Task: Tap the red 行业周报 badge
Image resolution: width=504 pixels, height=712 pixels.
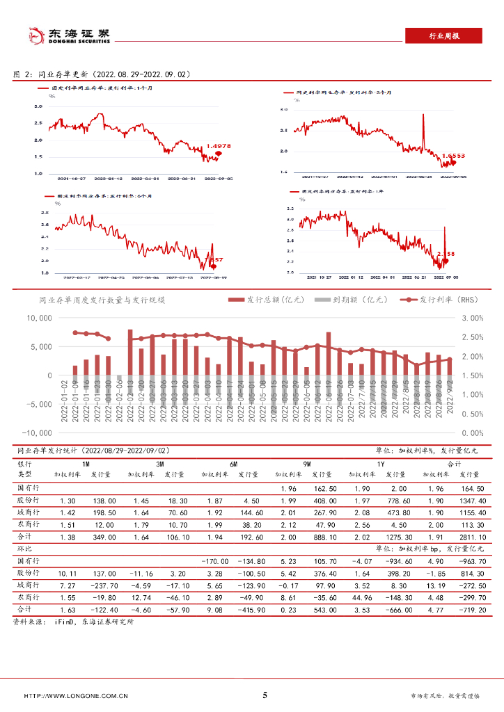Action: point(443,37)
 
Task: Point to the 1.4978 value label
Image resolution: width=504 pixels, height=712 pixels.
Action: point(219,146)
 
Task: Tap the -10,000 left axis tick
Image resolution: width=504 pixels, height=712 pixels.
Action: point(36,432)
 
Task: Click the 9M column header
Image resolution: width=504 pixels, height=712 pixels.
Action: point(307,463)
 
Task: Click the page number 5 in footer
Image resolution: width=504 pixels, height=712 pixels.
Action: point(265,695)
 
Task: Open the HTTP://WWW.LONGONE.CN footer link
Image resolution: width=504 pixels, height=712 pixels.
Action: point(76,696)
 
